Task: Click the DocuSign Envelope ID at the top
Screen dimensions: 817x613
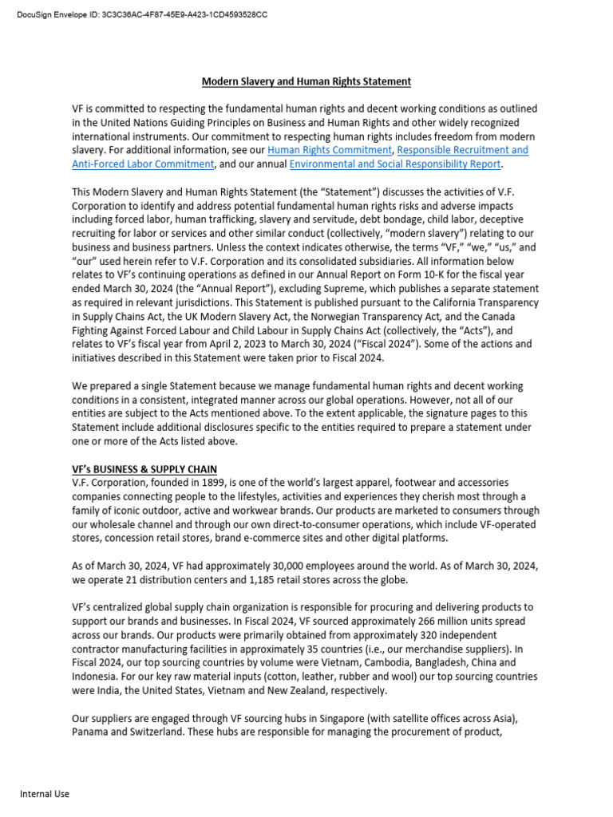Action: (142, 15)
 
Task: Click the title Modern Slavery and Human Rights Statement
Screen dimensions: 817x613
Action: (306, 81)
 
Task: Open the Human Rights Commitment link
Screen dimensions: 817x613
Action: (330, 150)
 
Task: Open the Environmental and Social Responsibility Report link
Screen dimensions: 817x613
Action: (395, 164)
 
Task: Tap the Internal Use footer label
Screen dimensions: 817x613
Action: (45, 794)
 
